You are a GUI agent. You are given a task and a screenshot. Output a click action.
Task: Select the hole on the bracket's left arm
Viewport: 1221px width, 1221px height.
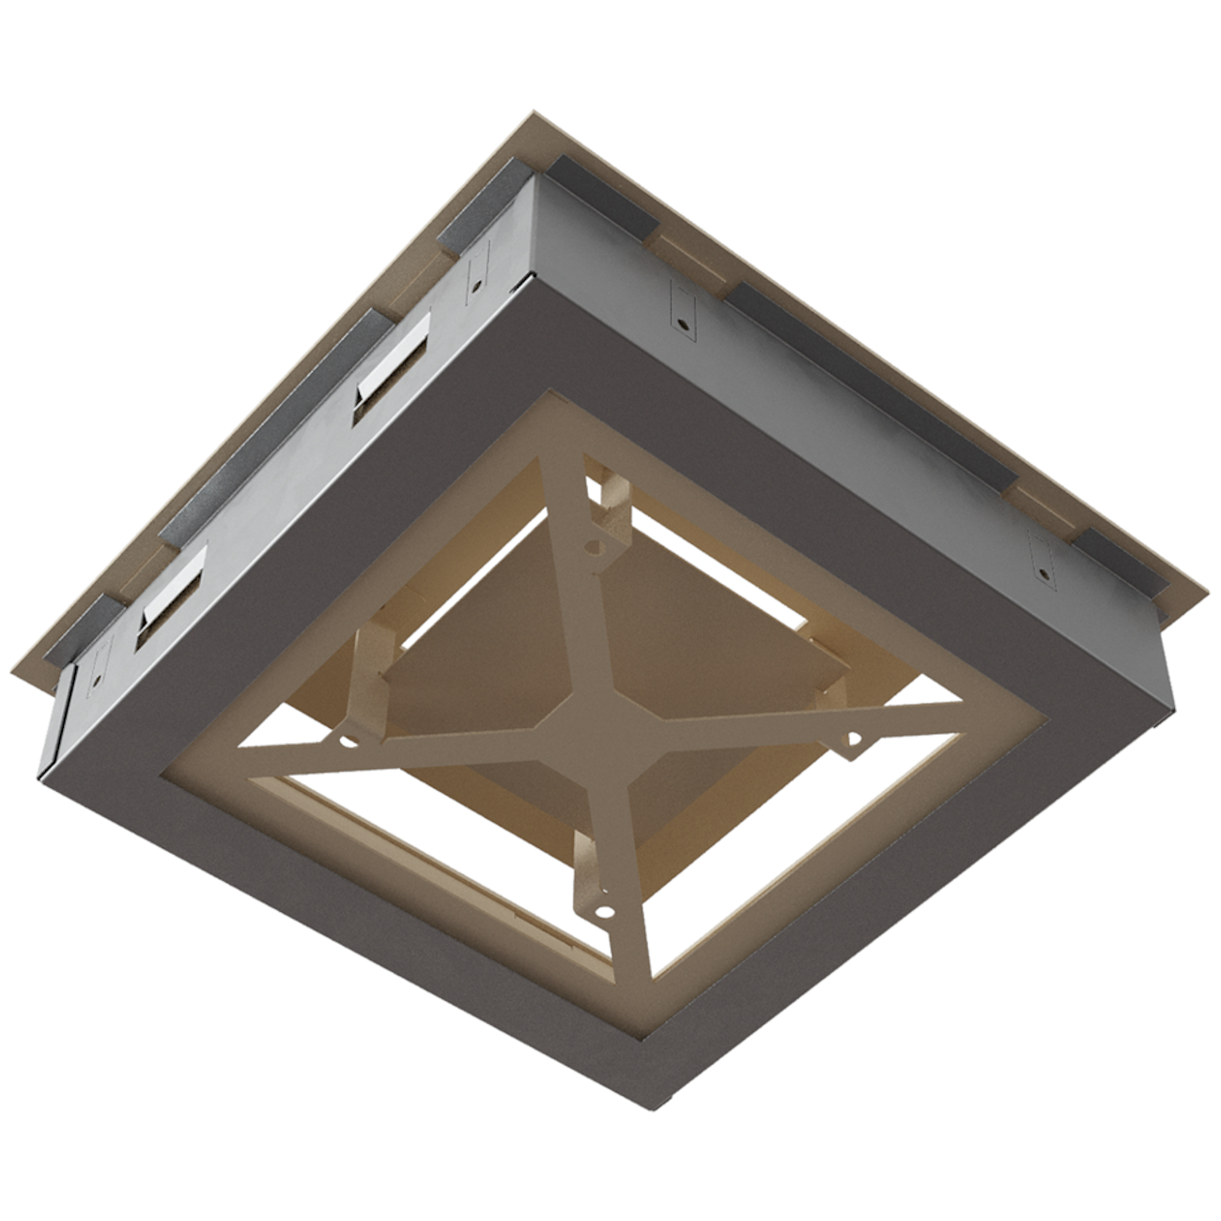(x=348, y=741)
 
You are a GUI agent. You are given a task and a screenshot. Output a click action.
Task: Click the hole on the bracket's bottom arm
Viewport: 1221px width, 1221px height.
(x=603, y=909)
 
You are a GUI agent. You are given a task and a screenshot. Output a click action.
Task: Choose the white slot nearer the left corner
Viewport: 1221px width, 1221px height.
(x=172, y=596)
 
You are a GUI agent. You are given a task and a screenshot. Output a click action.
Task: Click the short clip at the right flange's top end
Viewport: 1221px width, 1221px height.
(x=601, y=197)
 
